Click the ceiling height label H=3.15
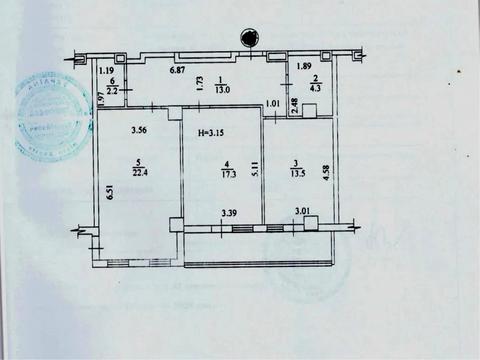coord(210,134)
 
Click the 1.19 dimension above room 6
coord(106,70)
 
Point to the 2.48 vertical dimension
coord(294,105)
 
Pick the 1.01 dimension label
coord(272,103)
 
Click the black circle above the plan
coord(246,38)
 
